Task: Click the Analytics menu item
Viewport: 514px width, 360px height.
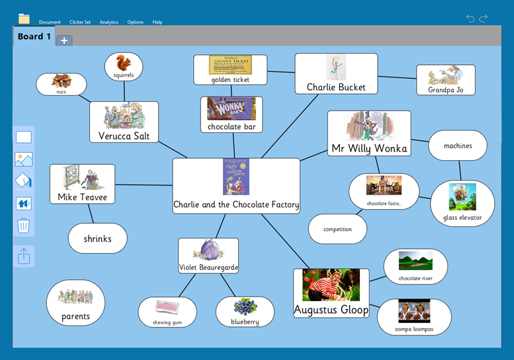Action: (108, 22)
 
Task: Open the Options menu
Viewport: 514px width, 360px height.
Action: (135, 22)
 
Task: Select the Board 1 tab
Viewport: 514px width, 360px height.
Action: (34, 36)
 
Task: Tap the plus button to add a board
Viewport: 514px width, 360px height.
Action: (64, 40)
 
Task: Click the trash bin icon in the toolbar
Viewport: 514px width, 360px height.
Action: (24, 226)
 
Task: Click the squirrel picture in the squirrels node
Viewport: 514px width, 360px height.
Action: (123, 63)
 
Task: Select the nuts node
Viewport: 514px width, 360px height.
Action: (61, 84)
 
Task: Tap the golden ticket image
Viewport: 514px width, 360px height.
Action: (230, 65)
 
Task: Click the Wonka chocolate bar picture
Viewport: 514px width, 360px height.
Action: (231, 109)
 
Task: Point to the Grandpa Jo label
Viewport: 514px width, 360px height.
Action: (445, 89)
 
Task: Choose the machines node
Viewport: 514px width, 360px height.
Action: (458, 146)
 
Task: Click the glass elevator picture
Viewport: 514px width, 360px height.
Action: (462, 197)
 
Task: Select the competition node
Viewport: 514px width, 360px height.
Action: (337, 229)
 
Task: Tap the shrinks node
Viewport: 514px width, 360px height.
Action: (97, 238)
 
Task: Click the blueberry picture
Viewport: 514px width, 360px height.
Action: (245, 307)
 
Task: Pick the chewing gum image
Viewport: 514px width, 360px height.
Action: (167, 307)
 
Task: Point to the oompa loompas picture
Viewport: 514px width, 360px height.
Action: (414, 311)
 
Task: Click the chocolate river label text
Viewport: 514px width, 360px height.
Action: (415, 278)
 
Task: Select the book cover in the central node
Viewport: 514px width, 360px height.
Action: (236, 177)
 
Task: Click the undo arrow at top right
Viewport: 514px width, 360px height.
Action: (470, 19)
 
